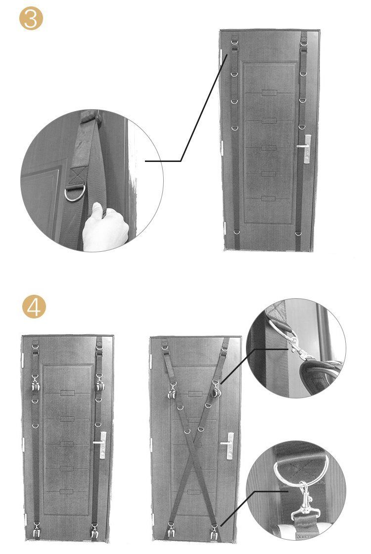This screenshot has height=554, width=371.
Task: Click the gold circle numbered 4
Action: [34, 307]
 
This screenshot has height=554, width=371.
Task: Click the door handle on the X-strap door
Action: [228, 445]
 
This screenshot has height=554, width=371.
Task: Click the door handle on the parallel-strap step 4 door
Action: [101, 444]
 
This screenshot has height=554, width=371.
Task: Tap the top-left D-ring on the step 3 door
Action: [234, 44]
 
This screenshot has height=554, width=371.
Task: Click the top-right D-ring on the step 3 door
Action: [304, 44]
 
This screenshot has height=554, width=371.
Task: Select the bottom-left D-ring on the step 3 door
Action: [236, 233]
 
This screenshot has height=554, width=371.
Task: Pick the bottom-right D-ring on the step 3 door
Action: [298, 233]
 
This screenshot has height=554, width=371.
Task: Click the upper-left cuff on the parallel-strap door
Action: [35, 384]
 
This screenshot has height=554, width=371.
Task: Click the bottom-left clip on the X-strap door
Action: [171, 530]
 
